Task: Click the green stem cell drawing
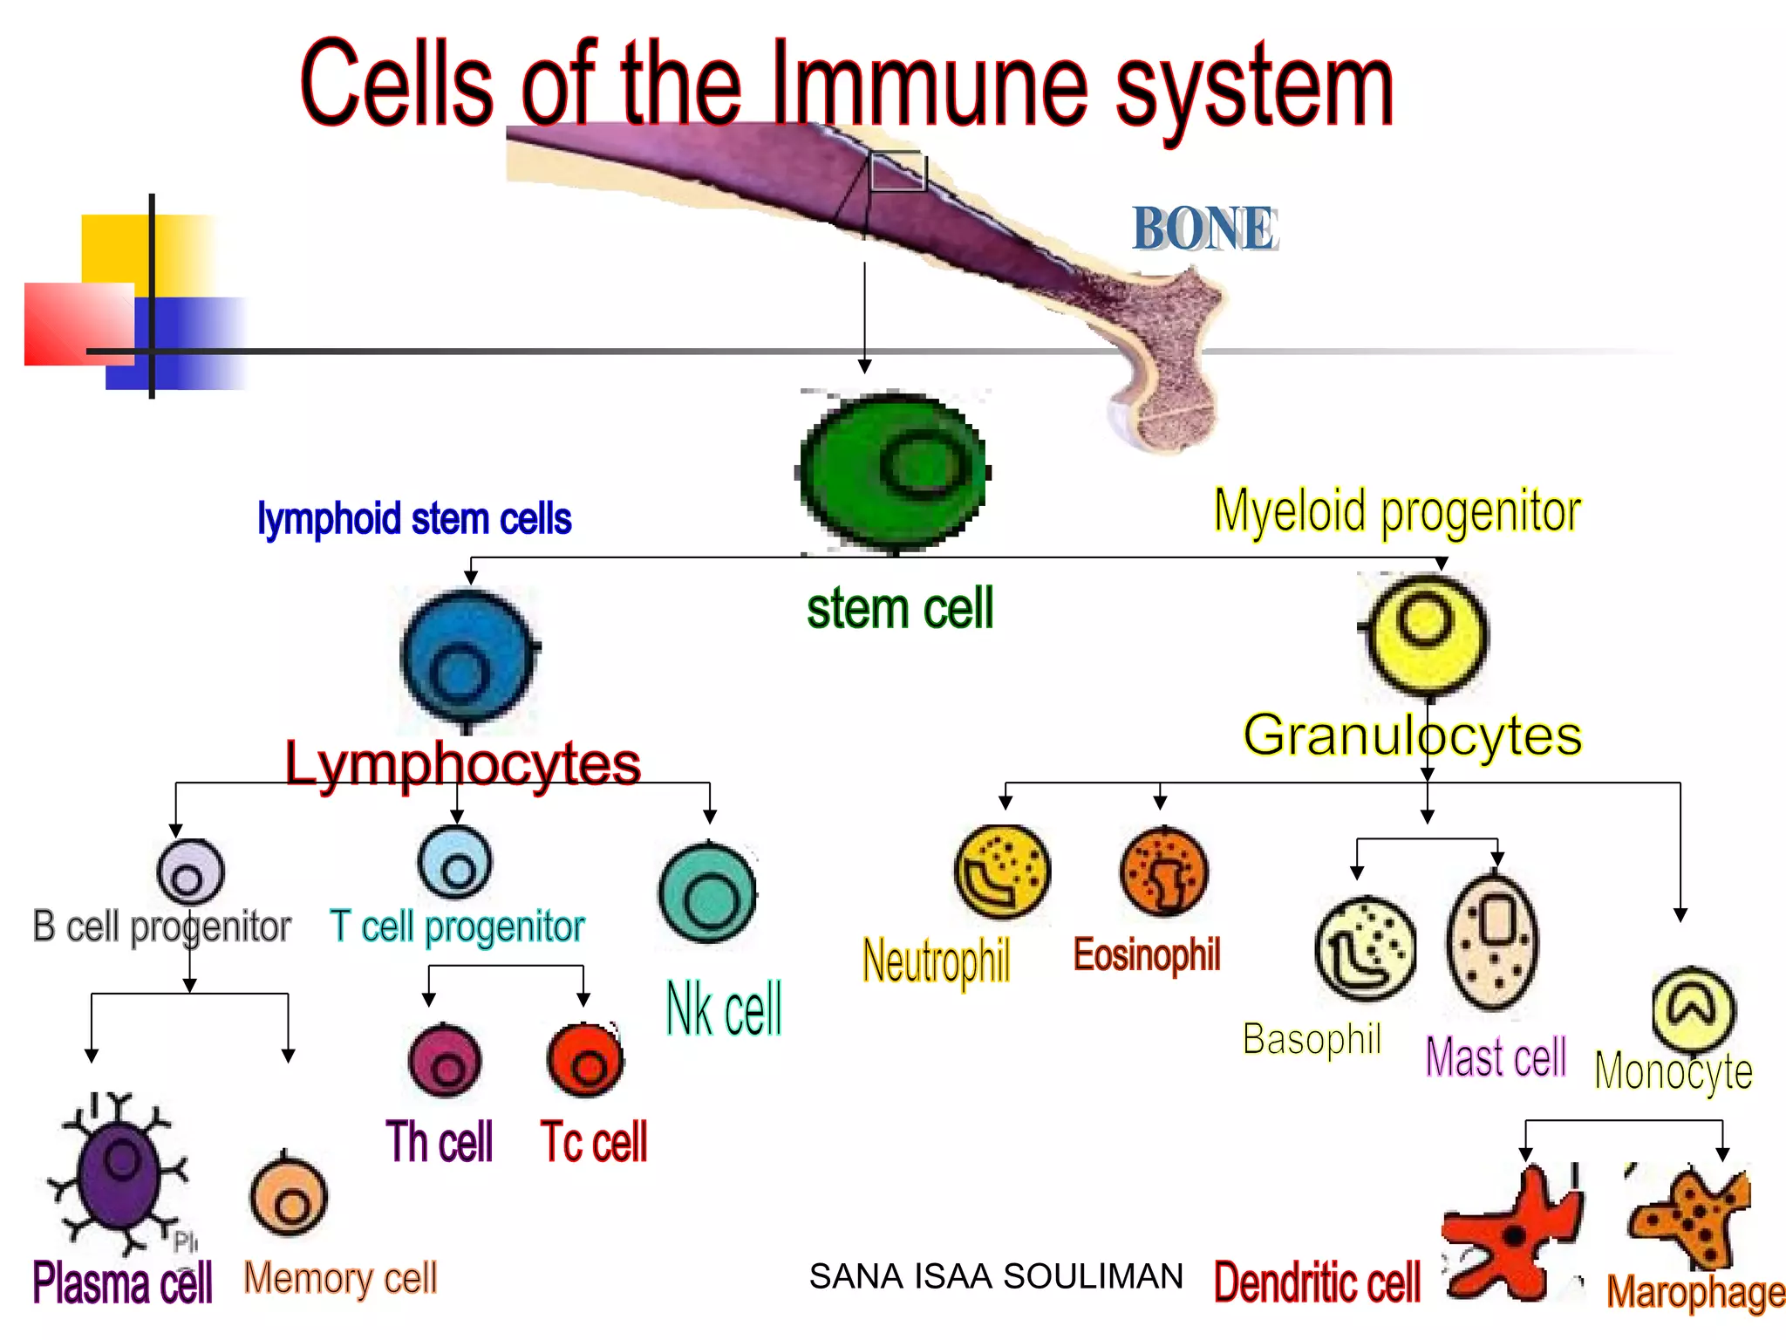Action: [894, 471]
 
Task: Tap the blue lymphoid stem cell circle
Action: [467, 659]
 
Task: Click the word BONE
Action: [1203, 229]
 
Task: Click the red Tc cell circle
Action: [585, 1061]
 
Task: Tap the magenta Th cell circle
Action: [445, 1062]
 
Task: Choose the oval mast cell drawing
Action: [1493, 942]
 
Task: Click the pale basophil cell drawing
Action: [1365, 948]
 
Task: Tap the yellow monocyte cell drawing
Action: [1693, 1009]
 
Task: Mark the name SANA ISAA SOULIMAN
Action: [996, 1276]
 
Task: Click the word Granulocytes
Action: [1412, 735]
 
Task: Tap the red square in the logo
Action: [78, 324]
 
